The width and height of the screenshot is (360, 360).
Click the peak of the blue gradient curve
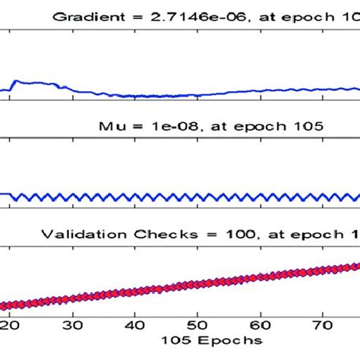16,80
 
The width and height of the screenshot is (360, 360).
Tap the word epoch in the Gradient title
313,13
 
